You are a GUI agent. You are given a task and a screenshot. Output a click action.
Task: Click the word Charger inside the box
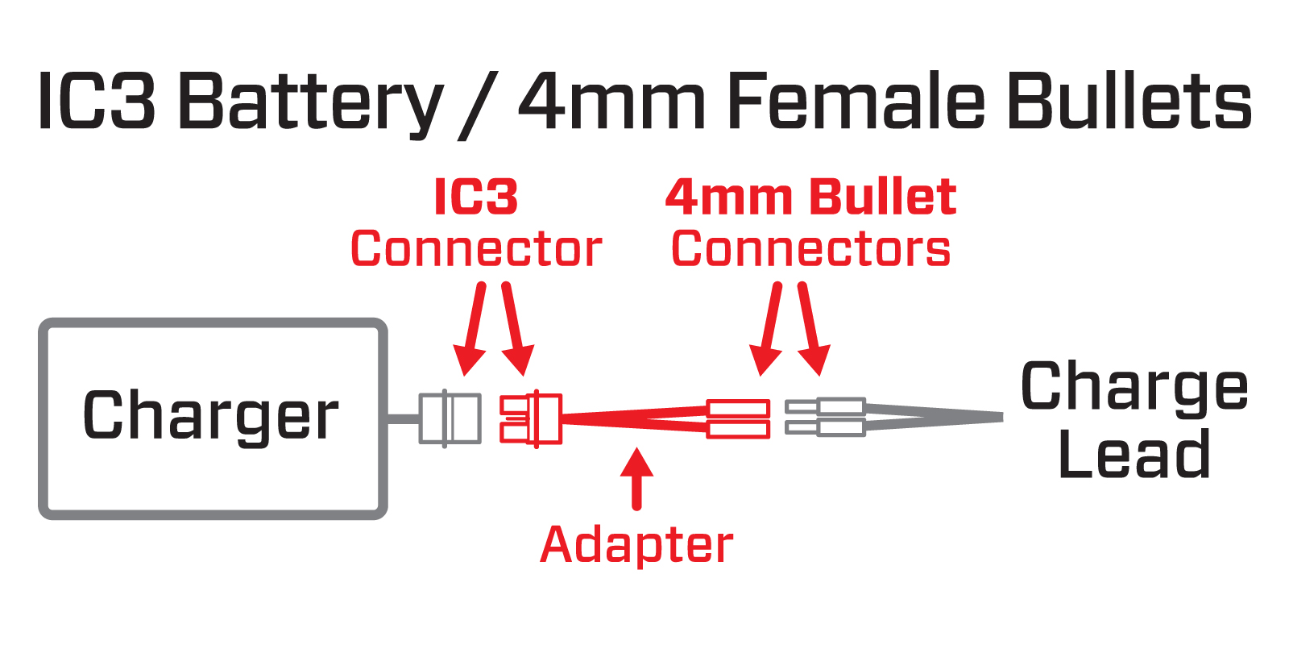(210, 417)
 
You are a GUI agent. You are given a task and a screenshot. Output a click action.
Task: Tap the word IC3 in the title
(96, 102)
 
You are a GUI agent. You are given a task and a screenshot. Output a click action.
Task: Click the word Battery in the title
(310, 103)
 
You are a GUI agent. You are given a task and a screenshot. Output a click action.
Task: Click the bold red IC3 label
(475, 197)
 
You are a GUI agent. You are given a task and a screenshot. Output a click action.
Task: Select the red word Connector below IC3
(476, 249)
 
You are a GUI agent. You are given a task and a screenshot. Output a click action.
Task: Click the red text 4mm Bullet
(810, 197)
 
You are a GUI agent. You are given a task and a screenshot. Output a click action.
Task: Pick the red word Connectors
(810, 249)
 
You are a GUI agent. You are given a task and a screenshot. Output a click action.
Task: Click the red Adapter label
(636, 545)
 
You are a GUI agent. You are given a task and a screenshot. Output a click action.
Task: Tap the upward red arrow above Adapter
(636, 479)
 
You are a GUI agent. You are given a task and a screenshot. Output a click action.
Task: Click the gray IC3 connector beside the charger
(450, 418)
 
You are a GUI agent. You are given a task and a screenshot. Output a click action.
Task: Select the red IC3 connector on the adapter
(531, 418)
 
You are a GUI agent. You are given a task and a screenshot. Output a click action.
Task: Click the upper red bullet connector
(737, 409)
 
